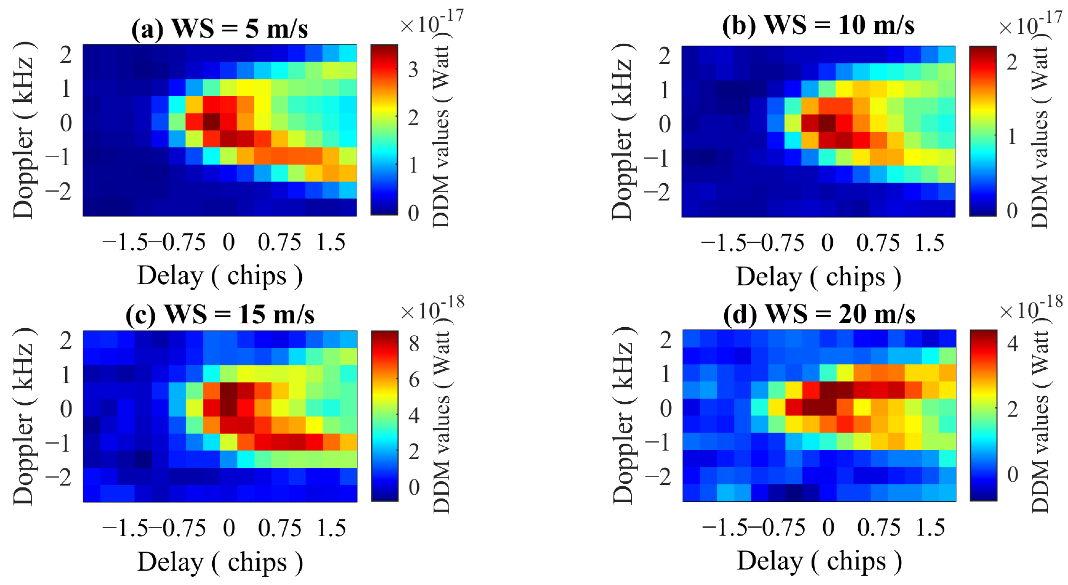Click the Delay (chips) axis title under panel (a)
click(x=220, y=276)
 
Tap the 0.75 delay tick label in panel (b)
click(x=878, y=243)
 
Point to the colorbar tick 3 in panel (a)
click(x=413, y=70)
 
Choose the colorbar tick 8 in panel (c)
click(x=414, y=343)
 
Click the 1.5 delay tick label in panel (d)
click(x=930, y=528)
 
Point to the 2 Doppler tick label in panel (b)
click(x=665, y=56)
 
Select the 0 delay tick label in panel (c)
click(x=229, y=528)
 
